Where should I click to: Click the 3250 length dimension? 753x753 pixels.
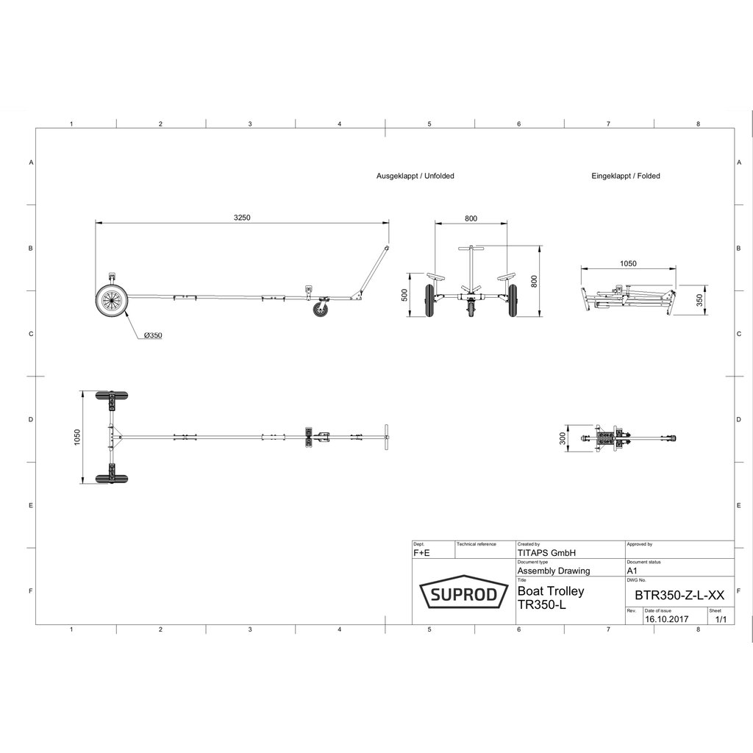242,218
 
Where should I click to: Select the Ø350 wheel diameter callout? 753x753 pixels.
153,335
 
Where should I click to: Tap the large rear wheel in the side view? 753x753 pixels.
112,301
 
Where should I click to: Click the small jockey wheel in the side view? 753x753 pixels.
319,310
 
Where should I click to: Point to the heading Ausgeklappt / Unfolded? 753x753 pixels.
415,176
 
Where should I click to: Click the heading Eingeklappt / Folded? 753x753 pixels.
625,176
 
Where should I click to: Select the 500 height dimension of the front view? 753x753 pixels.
404,295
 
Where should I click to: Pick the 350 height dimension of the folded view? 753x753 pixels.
699,300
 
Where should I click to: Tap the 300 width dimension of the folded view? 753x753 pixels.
563,438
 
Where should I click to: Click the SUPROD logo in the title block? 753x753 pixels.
464,592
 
